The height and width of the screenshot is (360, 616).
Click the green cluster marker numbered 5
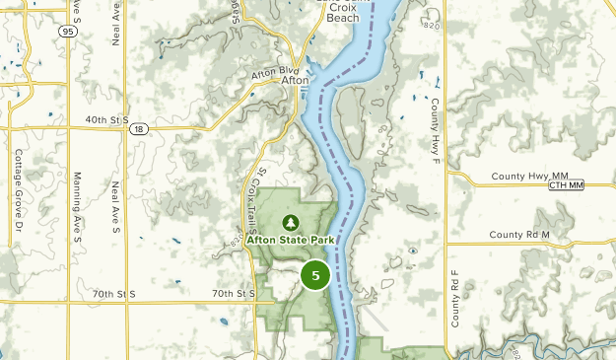point(315,275)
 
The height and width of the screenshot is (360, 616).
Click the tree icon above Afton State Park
point(291,222)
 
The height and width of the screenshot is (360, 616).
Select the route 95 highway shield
point(68,32)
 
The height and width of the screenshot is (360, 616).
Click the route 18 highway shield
point(141,128)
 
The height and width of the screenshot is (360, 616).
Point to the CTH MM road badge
point(566,185)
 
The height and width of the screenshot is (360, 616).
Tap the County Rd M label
point(518,235)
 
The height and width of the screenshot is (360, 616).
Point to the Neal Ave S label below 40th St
point(115,202)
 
